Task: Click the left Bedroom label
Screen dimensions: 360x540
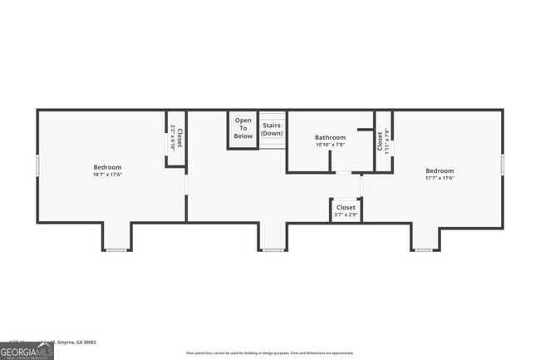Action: pyautogui.click(x=108, y=167)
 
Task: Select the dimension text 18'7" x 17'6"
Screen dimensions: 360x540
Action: pyautogui.click(x=108, y=175)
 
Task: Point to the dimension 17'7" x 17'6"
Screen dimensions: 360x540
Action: pyautogui.click(x=439, y=177)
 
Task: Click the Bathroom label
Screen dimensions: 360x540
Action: pyautogui.click(x=330, y=137)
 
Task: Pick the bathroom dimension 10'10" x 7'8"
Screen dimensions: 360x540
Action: pyautogui.click(x=330, y=145)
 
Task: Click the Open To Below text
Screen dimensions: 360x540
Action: pyautogui.click(x=243, y=128)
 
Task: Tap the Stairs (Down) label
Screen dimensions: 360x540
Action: pyautogui.click(x=272, y=130)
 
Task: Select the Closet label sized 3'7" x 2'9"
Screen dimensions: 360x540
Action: pyautogui.click(x=346, y=207)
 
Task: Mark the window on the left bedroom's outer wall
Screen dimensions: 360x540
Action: pyautogui.click(x=37, y=165)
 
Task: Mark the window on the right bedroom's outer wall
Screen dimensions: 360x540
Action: pyautogui.click(x=503, y=165)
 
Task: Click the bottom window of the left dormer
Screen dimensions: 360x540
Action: pyautogui.click(x=116, y=249)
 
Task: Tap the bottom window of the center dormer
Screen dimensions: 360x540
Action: pyautogui.click(x=272, y=249)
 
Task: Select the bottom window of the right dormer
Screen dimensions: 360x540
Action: pyautogui.click(x=424, y=249)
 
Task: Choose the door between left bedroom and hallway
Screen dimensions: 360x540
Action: pyautogui.click(x=186, y=182)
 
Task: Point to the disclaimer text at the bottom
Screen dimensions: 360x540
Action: pyautogui.click(x=270, y=353)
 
